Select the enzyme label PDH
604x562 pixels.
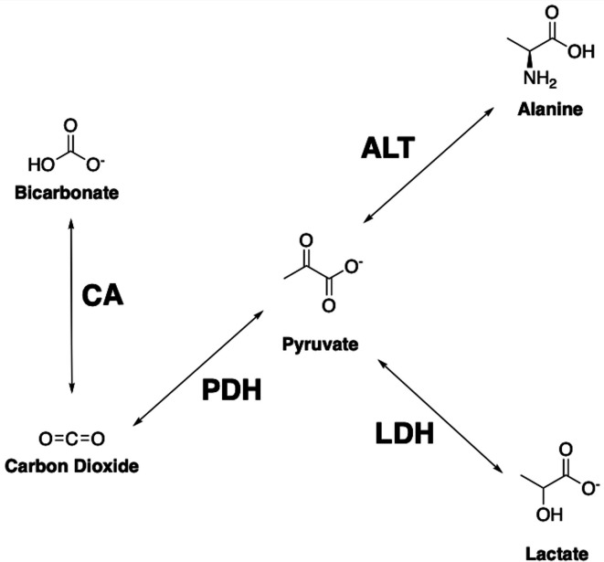coord(231,390)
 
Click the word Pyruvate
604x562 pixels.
coord(320,345)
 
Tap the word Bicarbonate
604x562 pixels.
coord(71,195)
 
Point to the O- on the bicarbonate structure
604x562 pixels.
coord(95,164)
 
